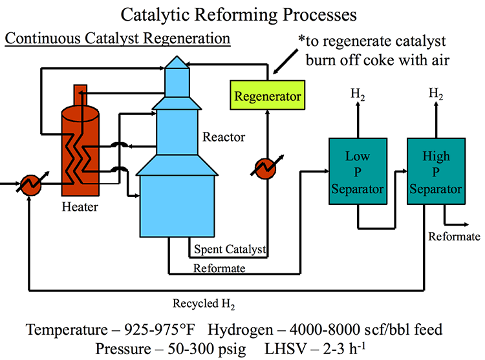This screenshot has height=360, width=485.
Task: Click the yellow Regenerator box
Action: (x=268, y=96)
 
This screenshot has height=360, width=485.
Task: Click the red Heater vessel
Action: (x=79, y=149)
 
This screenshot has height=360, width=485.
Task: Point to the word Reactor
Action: (x=224, y=137)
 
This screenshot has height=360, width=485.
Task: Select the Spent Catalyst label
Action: (x=229, y=248)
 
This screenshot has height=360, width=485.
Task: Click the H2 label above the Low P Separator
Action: (x=357, y=94)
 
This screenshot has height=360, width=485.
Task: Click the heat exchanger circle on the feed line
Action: (x=30, y=184)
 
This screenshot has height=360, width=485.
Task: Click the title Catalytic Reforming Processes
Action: (x=241, y=14)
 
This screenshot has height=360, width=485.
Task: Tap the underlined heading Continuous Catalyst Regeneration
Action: (x=117, y=38)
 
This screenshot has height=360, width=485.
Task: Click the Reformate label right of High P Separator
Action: (x=454, y=237)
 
